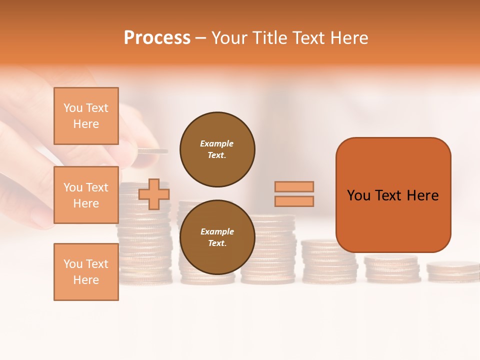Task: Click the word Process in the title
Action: pos(157,38)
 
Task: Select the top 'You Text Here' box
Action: pos(86,116)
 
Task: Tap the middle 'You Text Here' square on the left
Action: pos(86,195)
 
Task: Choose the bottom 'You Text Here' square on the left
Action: pos(86,272)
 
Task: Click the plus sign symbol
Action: pos(154,194)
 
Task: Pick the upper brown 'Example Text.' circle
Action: pos(217,149)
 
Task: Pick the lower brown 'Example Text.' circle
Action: pos(217,237)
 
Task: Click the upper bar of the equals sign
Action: pos(294,186)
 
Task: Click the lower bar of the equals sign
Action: pos(294,201)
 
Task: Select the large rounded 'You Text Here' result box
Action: pos(393,195)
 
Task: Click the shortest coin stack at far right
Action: pos(453,270)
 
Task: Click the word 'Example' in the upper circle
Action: pos(216,143)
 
